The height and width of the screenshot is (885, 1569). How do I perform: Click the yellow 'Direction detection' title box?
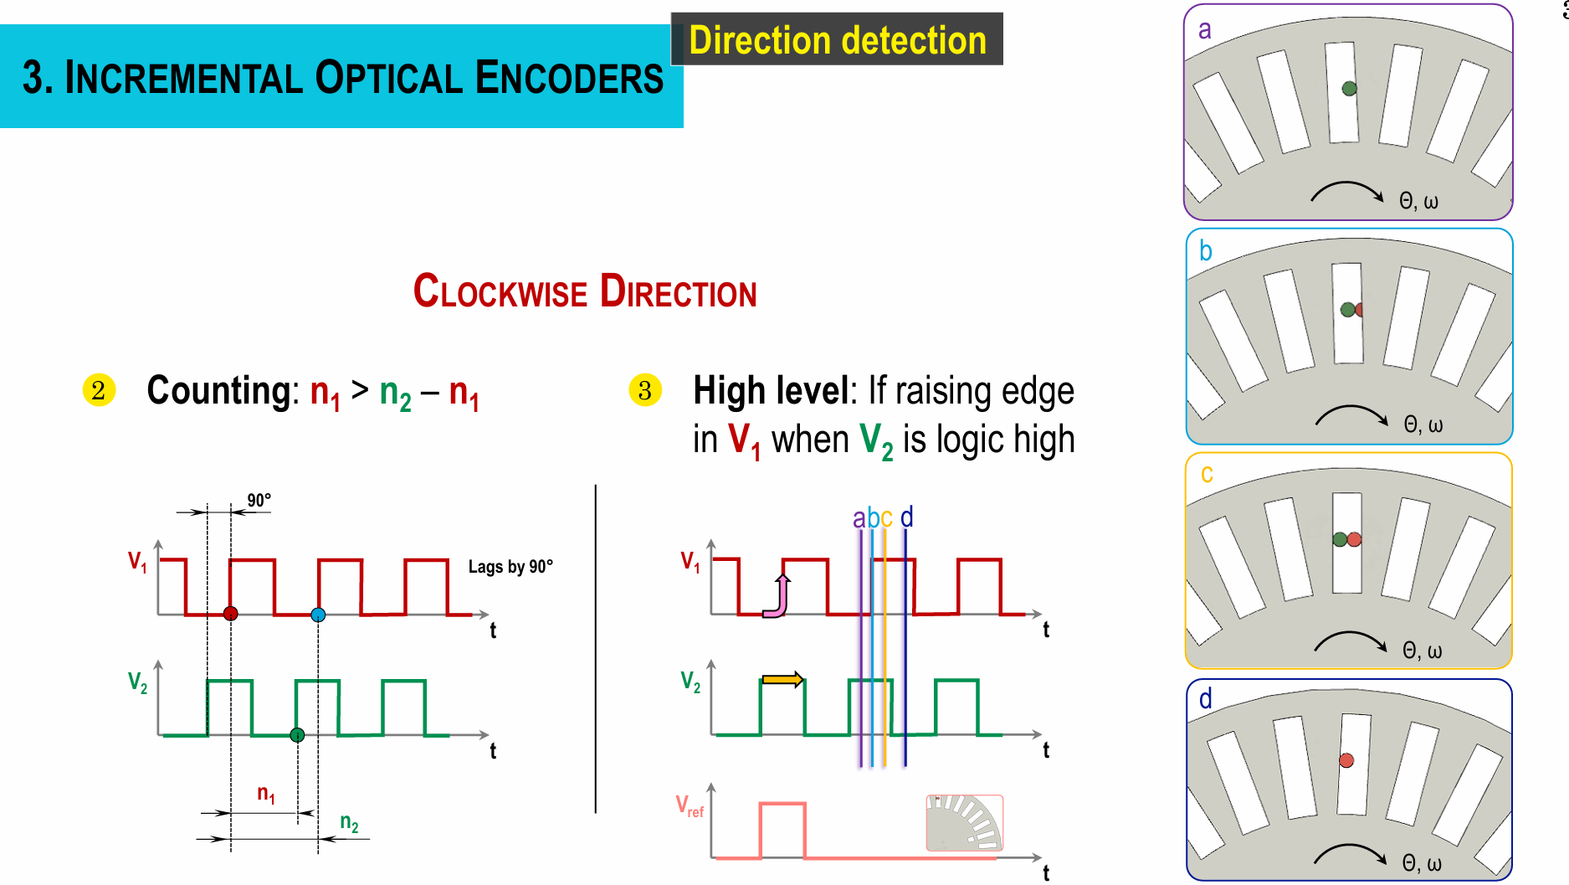tap(837, 39)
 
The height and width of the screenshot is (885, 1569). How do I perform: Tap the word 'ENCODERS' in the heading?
tap(569, 79)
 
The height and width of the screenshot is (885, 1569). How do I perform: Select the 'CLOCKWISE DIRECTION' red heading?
tap(585, 292)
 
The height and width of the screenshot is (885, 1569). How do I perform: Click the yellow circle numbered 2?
tap(99, 390)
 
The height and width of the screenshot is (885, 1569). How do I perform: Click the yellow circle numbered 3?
tap(644, 390)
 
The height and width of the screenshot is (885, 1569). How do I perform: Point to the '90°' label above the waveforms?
tap(259, 500)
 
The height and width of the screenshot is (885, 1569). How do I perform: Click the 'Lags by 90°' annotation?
tap(510, 567)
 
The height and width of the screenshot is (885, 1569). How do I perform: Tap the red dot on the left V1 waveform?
tap(231, 614)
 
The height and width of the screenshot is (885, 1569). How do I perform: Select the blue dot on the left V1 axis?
tap(318, 615)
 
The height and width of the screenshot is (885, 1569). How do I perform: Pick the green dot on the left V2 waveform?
tap(297, 735)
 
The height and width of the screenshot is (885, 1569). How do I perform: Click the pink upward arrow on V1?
tap(780, 596)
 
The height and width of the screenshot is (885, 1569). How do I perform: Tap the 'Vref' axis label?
tap(690, 806)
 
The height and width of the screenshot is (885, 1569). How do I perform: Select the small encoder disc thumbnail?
tap(964, 822)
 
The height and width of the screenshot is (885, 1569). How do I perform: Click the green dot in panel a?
tap(1349, 89)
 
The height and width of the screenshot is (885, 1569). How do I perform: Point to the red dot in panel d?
tap(1346, 760)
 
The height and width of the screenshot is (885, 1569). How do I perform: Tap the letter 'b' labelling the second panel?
tap(1206, 251)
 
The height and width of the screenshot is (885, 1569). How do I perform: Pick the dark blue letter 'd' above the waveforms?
tap(906, 517)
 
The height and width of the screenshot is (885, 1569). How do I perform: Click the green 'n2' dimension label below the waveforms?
tap(349, 823)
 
